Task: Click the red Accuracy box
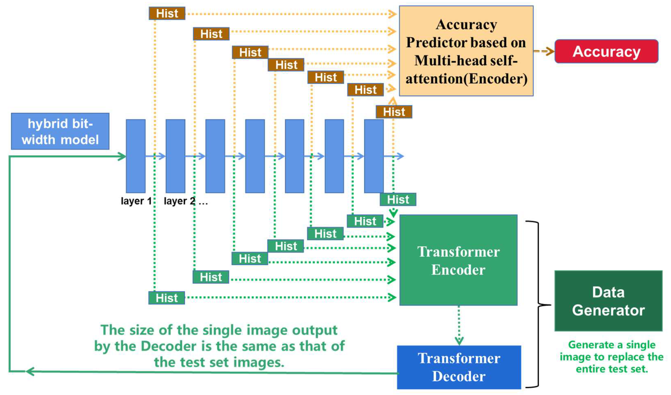pos(606,51)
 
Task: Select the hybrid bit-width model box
pos(60,131)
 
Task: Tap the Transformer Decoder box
pos(458,367)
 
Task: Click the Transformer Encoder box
pos(458,260)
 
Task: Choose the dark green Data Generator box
pos(608,301)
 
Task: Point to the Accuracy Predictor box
pos(466,51)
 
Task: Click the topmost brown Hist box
pos(167,13)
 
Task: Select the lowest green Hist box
pos(167,298)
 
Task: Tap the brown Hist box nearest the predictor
pos(394,112)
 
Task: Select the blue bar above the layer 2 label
pos(175,156)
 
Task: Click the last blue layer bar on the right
pos(374,156)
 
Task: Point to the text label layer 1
pos(136,201)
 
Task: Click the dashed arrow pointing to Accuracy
pos(544,51)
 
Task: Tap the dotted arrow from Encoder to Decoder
pos(459,325)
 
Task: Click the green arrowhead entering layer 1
pos(122,156)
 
